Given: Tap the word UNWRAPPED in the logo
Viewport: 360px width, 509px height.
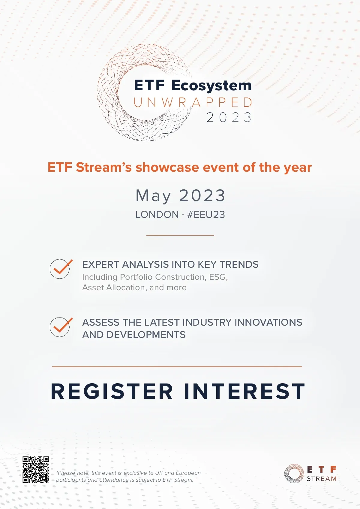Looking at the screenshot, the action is point(193,102).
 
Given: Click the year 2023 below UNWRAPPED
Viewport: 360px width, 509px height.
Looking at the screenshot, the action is point(229,117).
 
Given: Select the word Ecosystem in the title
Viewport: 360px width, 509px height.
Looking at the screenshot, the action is point(211,86).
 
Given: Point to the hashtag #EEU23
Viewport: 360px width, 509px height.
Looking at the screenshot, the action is point(206,215).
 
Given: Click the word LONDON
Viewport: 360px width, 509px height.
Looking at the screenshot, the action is point(157,215).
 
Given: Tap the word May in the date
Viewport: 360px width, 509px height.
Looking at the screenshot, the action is point(153,196).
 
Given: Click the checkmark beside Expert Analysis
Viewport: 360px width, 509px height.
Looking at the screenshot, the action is point(61,269).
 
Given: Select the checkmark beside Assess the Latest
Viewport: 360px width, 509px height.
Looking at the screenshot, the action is point(61,327).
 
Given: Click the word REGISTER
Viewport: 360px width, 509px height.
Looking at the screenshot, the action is point(112,391).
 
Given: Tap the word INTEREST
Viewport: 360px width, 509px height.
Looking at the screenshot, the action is point(244,391).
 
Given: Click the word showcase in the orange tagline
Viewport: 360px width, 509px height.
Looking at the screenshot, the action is point(167,167).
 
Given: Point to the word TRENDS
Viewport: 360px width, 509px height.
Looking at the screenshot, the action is point(239,264).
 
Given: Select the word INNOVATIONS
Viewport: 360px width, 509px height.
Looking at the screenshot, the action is point(268,322).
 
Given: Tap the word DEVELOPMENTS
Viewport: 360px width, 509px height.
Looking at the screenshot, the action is point(146,335).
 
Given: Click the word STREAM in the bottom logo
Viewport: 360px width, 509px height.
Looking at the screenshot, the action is point(321,479).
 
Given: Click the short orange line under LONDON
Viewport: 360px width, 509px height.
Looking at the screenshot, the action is point(180,235).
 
